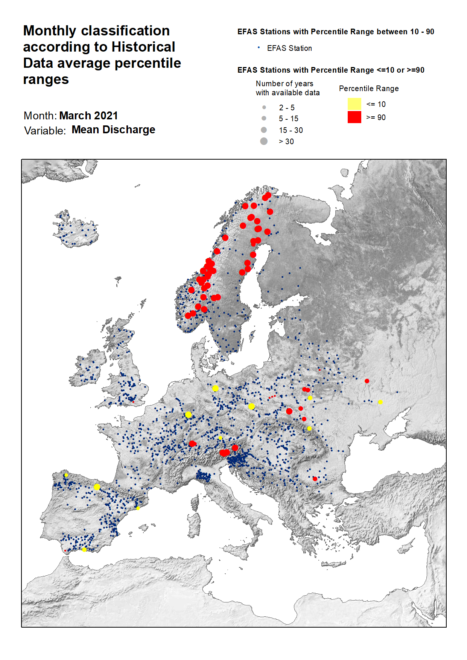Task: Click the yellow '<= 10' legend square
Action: point(354,104)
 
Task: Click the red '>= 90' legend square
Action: point(354,117)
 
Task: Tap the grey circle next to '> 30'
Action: point(264,141)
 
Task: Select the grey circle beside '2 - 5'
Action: point(264,107)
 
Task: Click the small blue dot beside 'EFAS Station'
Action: point(259,47)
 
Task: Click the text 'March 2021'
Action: point(88,116)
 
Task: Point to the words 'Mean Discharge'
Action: point(113,130)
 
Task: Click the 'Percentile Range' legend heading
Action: point(368,88)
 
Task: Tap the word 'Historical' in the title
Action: point(143,47)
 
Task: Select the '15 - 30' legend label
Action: point(291,130)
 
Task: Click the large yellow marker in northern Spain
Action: point(97,487)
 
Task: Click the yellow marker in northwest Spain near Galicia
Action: point(66,475)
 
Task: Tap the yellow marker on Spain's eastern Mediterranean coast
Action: point(138,508)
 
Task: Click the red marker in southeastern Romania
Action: point(315,479)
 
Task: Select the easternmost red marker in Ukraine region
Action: point(367,381)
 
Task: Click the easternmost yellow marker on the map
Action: point(380,402)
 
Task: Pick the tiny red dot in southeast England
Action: point(133,402)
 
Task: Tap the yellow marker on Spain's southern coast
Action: point(84,550)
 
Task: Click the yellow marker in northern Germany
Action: point(215,388)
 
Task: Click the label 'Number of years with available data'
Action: point(288,88)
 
